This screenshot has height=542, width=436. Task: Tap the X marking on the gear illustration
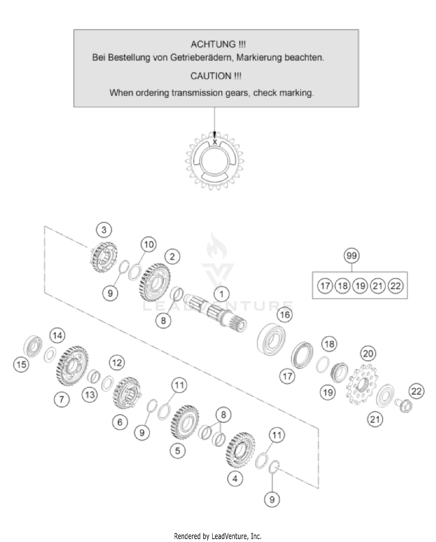(x=215, y=142)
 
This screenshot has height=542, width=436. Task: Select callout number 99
(x=351, y=256)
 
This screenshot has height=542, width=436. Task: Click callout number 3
(x=104, y=230)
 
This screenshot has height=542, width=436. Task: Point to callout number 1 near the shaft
(x=221, y=294)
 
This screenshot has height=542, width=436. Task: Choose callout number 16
(x=285, y=314)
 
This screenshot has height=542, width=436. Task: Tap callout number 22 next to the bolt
(x=416, y=391)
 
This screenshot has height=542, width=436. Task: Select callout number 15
(x=22, y=365)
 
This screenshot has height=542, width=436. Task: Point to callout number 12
(x=117, y=363)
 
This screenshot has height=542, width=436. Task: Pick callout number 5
(x=178, y=451)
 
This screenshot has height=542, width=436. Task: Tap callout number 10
(x=149, y=244)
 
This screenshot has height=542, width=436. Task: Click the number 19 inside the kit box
(x=360, y=286)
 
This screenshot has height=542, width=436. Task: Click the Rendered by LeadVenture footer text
(x=218, y=536)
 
